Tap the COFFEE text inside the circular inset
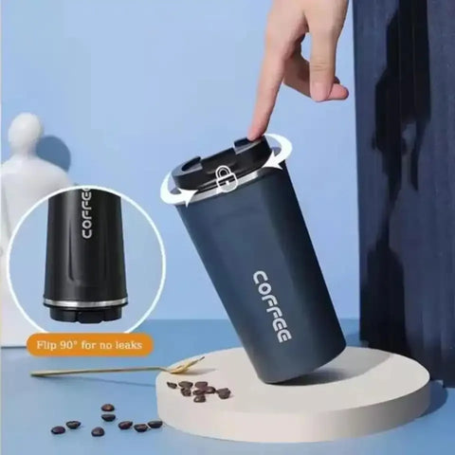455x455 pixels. tap(86, 217)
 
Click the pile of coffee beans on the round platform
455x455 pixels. tap(199, 390)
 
